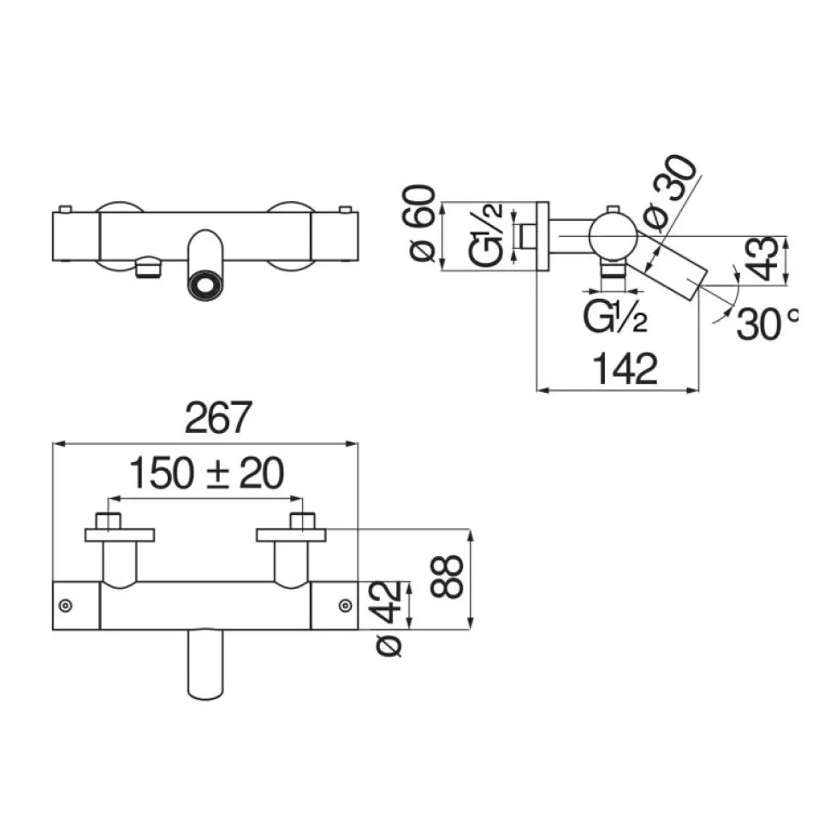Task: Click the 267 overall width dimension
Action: pos(218,418)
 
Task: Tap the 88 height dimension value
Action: pos(448,577)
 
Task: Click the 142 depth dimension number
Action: pos(625,369)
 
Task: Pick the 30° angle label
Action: pos(767,323)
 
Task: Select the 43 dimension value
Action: pos(764,259)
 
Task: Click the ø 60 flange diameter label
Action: pos(423,222)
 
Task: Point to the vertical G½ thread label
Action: pos(485,234)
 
